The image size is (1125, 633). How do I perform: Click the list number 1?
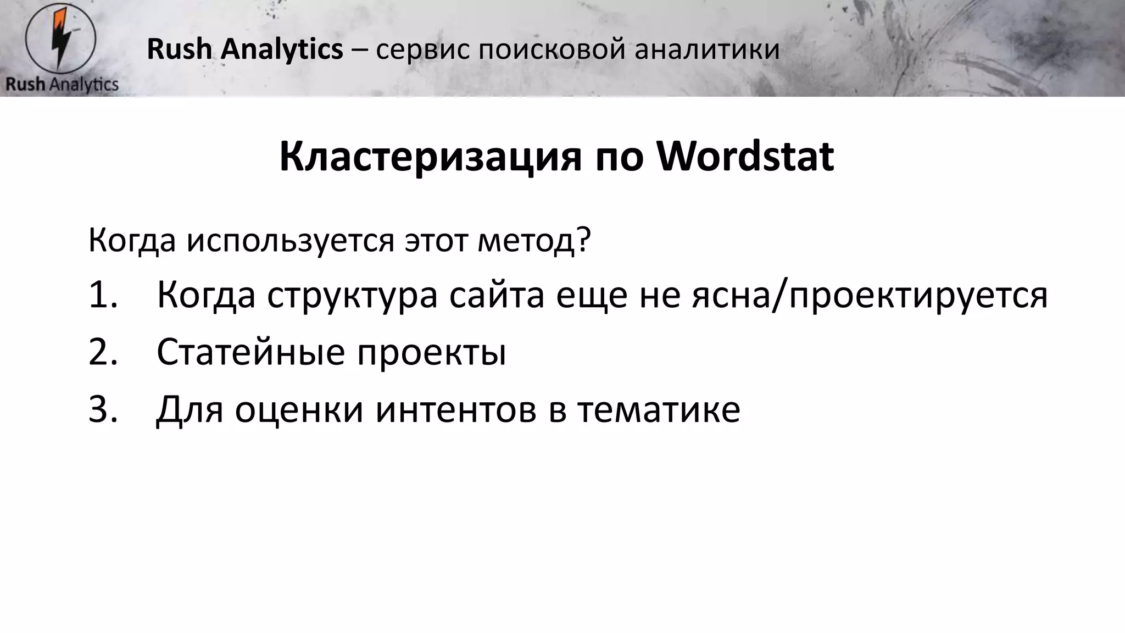tap(103, 295)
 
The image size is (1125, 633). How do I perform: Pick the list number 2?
tap(103, 352)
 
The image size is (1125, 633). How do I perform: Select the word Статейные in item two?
tap(250, 352)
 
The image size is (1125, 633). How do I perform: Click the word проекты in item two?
tap(432, 352)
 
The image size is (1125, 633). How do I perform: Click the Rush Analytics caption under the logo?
tap(62, 84)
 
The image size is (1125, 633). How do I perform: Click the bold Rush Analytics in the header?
tap(245, 49)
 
